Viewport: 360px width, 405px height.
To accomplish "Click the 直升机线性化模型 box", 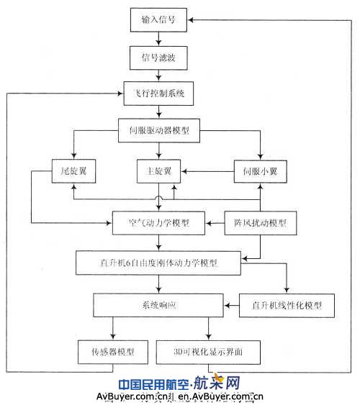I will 287,305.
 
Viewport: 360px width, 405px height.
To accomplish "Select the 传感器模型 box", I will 112,352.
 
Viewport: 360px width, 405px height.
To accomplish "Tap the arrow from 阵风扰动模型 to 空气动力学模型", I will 215,224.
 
